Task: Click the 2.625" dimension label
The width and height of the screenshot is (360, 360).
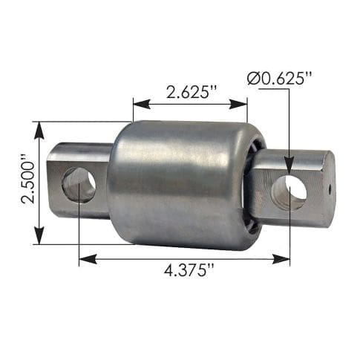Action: [192, 92]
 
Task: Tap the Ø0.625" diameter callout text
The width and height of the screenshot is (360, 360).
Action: [279, 79]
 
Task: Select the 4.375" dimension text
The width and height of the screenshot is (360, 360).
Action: [189, 270]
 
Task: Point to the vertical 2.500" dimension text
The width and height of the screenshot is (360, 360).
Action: [27, 179]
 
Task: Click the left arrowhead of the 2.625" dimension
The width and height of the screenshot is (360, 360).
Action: [142, 104]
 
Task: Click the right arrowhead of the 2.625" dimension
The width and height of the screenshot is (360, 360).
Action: [238, 104]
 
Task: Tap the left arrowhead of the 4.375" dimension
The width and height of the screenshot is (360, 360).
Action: [88, 259]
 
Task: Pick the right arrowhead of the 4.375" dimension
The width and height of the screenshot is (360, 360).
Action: [281, 259]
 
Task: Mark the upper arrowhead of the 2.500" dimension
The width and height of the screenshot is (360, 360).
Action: [39, 131]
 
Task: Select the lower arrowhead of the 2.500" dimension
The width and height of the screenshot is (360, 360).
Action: [39, 235]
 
